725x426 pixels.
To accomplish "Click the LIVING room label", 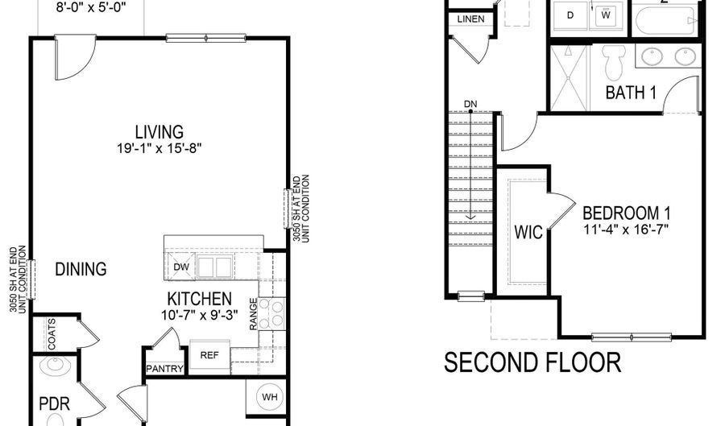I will coord(159,131).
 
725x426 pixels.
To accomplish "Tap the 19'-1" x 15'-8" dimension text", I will coord(159,148).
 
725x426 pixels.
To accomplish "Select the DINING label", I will coord(81,269).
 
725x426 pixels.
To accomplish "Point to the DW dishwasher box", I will coord(180,267).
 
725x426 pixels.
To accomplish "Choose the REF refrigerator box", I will coord(209,354).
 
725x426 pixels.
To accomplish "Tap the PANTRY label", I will coord(165,370).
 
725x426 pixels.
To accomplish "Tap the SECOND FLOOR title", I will coord(532,362).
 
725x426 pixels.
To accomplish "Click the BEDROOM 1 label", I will coord(626,213).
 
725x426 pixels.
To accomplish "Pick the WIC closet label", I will coord(529,233).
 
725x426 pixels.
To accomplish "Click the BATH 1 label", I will coord(631,93).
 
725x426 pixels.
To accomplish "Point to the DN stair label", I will coord(471,105).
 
